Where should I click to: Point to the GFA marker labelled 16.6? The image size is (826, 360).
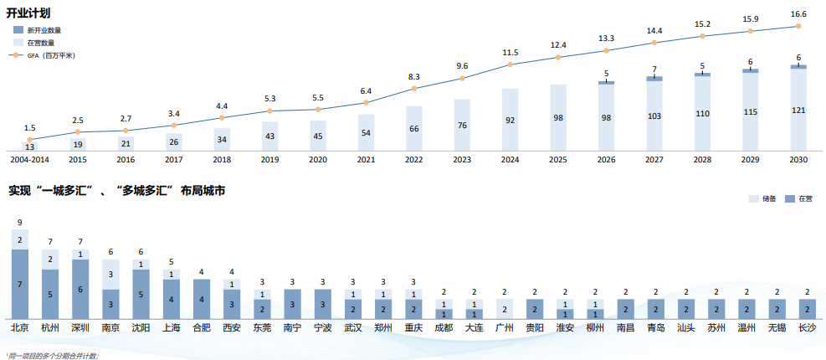798,26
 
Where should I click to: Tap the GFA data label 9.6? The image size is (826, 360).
462,66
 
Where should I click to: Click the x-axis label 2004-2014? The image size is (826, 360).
29,158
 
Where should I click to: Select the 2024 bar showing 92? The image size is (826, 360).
510,120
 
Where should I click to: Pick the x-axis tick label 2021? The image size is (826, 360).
366,158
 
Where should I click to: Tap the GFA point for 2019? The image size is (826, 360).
269,111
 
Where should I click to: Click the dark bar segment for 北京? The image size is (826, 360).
19,285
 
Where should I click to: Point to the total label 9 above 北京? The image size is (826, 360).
19,222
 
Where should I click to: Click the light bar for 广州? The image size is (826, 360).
504,310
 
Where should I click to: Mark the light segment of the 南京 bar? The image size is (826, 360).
110,274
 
